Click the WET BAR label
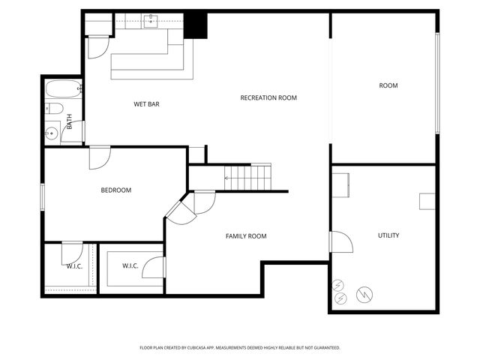pyautogui.click(x=147, y=104)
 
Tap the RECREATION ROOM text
pyautogui.click(x=268, y=97)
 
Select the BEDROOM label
pyautogui.click(x=116, y=190)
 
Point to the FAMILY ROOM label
pyautogui.click(x=246, y=236)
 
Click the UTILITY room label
pyautogui.click(x=388, y=235)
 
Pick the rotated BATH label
pyautogui.click(x=70, y=121)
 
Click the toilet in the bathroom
pyautogui.click(x=54, y=109)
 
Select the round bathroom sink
pyautogui.click(x=52, y=133)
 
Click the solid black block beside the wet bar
pyautogui.click(x=196, y=25)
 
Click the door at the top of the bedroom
pyautogui.click(x=100, y=157)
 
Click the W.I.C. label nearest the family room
pyautogui.click(x=130, y=265)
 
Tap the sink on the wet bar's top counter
pyautogui.click(x=151, y=20)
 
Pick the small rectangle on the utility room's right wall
pyautogui.click(x=427, y=201)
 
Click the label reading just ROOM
pyautogui.click(x=388, y=85)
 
